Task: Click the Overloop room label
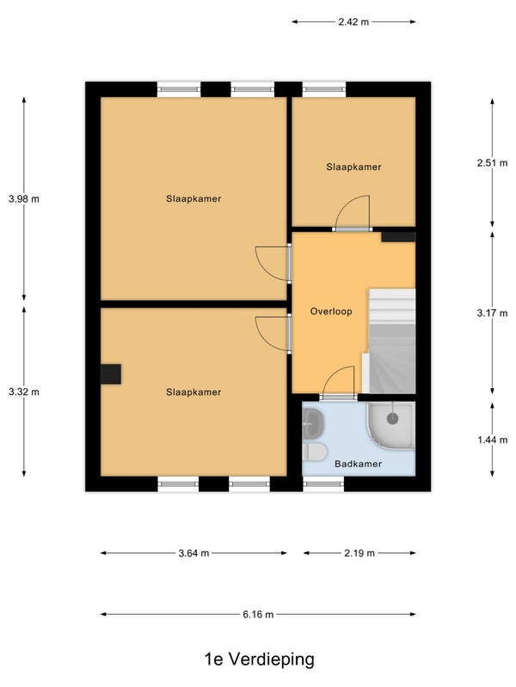click(331, 312)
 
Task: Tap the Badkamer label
click(358, 464)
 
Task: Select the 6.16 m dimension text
click(258, 615)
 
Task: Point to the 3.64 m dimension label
click(193, 553)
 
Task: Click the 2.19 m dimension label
click(359, 553)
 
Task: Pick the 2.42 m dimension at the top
click(353, 22)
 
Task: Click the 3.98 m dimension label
click(24, 199)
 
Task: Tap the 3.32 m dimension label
click(24, 392)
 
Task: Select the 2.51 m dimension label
click(492, 163)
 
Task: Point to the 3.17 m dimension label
click(492, 313)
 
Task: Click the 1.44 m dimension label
click(492, 440)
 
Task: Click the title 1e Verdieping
click(260, 659)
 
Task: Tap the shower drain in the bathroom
click(392, 418)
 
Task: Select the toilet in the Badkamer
click(315, 452)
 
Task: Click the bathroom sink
click(312, 423)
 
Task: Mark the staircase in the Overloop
click(392, 341)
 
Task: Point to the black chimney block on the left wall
click(111, 374)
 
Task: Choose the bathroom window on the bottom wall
click(324, 484)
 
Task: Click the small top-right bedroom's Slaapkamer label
click(353, 167)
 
